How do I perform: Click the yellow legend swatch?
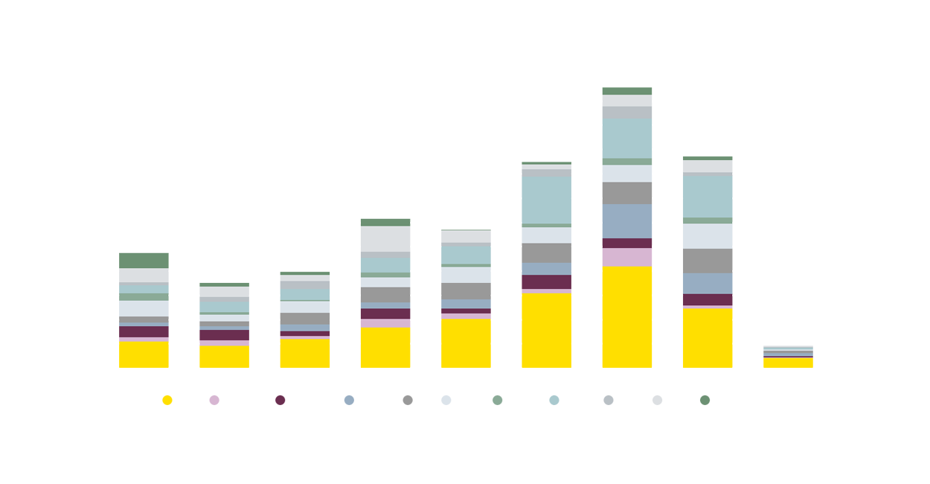click(156, 410)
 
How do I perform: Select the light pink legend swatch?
click(214, 407)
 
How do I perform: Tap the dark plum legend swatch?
click(280, 406)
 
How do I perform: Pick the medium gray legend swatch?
click(407, 398)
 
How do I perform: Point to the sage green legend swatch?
click(497, 398)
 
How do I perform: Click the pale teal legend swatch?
click(554, 400)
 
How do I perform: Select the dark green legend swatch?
click(705, 407)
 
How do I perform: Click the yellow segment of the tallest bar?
click(627, 316)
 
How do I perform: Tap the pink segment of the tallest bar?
click(627, 257)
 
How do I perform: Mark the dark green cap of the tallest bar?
click(627, 88)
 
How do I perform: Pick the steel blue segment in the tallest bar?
click(627, 221)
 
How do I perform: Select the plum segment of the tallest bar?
click(627, 243)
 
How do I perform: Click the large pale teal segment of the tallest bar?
click(627, 138)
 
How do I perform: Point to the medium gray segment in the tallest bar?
click(627, 193)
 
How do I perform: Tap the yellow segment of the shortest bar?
click(788, 363)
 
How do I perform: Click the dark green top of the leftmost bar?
click(144, 259)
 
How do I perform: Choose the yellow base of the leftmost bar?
click(144, 354)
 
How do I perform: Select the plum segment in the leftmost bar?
click(144, 331)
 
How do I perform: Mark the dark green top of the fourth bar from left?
click(385, 217)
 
